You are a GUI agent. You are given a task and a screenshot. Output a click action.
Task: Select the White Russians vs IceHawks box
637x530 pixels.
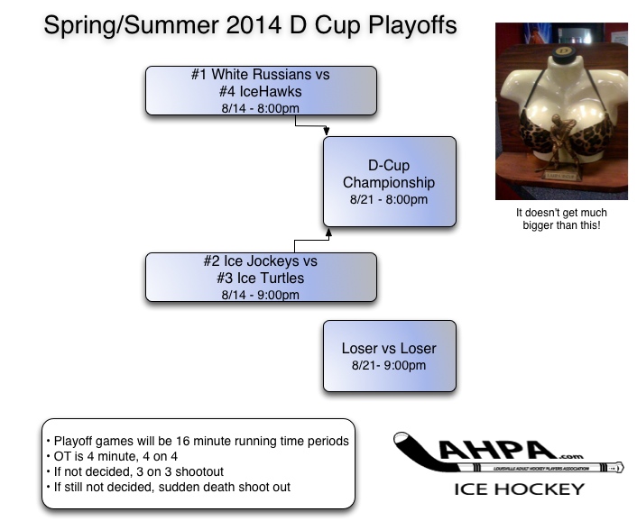pyautogui.click(x=261, y=89)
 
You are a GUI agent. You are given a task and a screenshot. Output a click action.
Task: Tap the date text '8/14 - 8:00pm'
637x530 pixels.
pyautogui.click(x=260, y=107)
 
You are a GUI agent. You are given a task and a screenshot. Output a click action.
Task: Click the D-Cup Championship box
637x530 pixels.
pyautogui.click(x=389, y=181)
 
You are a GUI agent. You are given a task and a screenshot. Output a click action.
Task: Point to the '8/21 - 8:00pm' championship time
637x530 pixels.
pyautogui.click(x=389, y=199)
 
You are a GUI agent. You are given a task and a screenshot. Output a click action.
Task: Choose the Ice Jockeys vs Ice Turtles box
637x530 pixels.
pyautogui.click(x=261, y=277)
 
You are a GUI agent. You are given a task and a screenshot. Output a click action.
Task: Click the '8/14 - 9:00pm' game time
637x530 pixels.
pyautogui.click(x=260, y=295)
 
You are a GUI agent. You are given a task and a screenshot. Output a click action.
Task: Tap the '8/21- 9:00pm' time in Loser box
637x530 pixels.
pyautogui.click(x=389, y=366)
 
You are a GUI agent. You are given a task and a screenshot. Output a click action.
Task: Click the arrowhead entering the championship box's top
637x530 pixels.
pyautogui.click(x=327, y=132)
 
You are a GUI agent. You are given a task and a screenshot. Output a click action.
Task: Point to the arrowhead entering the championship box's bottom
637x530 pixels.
pyautogui.click(x=328, y=233)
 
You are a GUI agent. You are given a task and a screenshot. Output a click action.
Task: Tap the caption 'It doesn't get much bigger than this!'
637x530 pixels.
pyautogui.click(x=560, y=219)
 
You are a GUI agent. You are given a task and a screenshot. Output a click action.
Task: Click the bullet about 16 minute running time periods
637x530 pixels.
pyautogui.click(x=197, y=441)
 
